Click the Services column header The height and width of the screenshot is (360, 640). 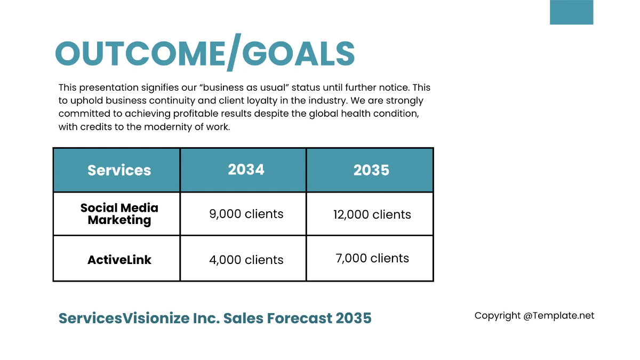click(x=119, y=170)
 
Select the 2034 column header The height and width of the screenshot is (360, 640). click(x=246, y=170)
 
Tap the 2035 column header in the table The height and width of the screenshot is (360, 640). click(x=371, y=170)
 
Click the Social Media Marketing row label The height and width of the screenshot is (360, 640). click(x=119, y=214)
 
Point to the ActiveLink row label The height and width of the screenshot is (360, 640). click(x=119, y=260)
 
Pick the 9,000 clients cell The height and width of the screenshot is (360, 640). click(x=246, y=214)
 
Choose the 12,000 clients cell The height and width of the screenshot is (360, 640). click(x=372, y=214)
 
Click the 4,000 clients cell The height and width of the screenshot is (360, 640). click(x=246, y=260)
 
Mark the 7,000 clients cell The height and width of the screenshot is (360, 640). click(x=372, y=258)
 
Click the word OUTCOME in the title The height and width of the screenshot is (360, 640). click(x=140, y=53)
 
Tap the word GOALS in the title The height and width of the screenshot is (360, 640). click(x=299, y=53)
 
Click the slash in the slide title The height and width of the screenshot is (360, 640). click(x=234, y=52)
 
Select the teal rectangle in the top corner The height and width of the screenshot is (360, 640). click(x=571, y=12)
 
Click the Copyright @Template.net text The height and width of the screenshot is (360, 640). click(x=534, y=316)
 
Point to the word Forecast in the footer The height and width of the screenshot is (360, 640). click(x=299, y=318)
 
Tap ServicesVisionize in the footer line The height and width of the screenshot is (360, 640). click(x=124, y=318)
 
